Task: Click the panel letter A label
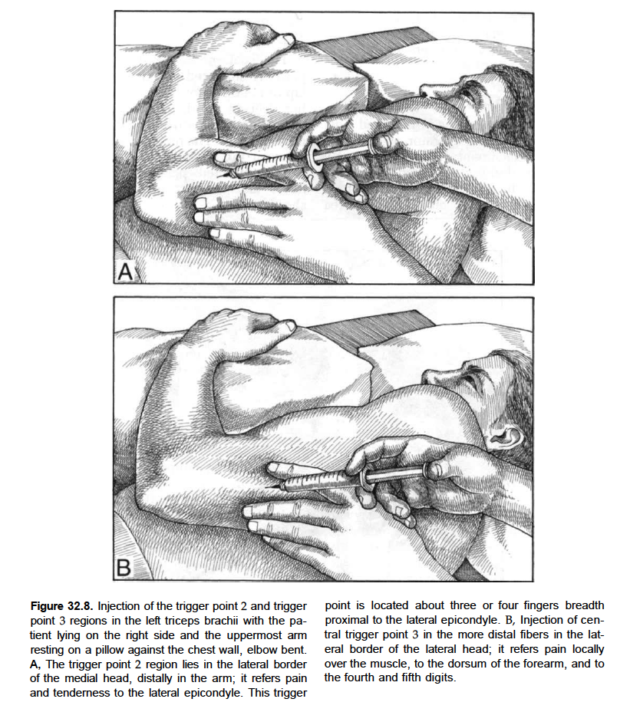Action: tap(125, 271)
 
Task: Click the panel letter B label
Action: tap(125, 568)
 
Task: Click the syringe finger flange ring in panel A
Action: tap(315, 160)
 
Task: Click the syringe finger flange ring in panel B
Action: tap(368, 476)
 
